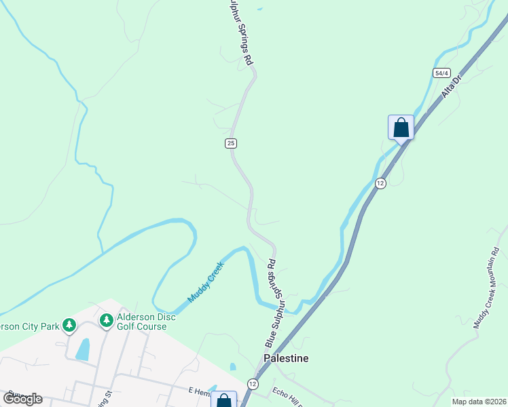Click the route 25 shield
click(231, 142)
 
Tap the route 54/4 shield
click(442, 73)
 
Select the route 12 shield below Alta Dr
click(380, 183)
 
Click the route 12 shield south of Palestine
click(253, 384)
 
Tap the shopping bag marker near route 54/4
click(401, 127)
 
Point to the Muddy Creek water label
click(206, 284)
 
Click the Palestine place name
click(286, 357)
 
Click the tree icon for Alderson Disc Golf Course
click(106, 319)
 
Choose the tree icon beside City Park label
click(69, 325)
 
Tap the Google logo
click(22, 399)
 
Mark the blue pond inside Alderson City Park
click(83, 349)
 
